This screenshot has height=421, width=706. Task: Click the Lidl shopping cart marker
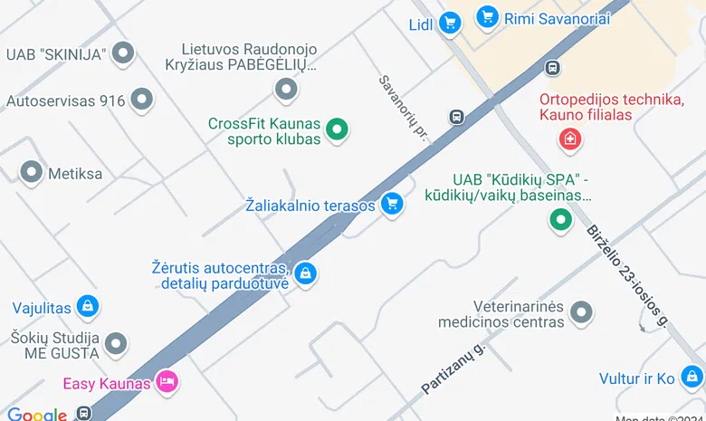point(449,24)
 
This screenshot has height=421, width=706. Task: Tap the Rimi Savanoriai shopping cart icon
point(488,16)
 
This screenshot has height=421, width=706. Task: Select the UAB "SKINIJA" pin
point(122,53)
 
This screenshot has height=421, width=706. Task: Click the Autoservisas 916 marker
point(141,100)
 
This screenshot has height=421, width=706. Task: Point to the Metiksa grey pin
point(32,172)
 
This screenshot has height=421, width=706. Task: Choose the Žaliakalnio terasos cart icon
point(391,204)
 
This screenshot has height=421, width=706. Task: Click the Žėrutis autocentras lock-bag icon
point(306,273)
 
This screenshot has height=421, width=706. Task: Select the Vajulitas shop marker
point(88,307)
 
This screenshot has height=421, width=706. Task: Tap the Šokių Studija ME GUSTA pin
point(115,343)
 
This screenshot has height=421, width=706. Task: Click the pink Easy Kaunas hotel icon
point(167,382)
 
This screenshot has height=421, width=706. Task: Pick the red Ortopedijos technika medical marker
point(570,139)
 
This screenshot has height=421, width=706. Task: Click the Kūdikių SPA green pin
point(561,219)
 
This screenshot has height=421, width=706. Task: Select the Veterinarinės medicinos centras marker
point(581,312)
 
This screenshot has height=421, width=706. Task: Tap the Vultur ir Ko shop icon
point(692,378)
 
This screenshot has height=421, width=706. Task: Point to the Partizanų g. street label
point(453,368)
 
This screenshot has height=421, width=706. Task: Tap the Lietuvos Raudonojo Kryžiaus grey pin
point(286,89)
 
